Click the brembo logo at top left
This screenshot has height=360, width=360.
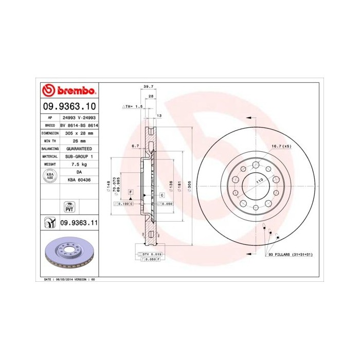pos(69,91)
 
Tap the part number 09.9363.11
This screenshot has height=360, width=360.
pos(79,223)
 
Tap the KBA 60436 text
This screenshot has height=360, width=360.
pos(79,179)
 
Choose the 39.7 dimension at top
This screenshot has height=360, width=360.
pos(149,87)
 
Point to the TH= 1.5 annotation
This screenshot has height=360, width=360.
pos(132,106)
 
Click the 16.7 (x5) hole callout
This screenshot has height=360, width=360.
pos(281,147)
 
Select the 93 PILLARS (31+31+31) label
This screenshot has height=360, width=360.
pos(290,255)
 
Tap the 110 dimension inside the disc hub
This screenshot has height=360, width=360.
pos(259,181)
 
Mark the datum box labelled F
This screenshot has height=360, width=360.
pos(131,192)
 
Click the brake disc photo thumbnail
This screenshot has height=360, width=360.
pos(69,254)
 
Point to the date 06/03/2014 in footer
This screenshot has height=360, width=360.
pos(62,279)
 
